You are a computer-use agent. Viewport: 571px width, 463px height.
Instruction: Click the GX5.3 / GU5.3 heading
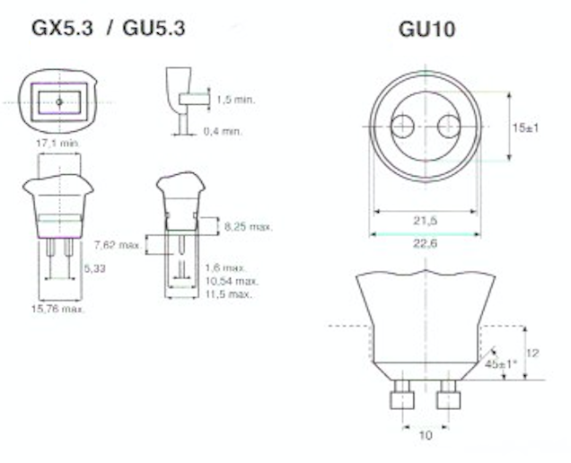(109, 29)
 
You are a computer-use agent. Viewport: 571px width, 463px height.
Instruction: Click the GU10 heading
(426, 29)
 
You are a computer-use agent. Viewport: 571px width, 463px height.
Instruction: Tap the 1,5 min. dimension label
(236, 100)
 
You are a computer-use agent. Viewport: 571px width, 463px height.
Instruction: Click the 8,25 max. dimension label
(249, 227)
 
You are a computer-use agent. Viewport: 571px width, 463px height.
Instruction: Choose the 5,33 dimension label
(94, 267)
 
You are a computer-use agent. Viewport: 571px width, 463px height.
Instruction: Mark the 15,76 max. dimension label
(59, 309)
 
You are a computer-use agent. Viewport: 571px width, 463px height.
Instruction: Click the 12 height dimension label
(534, 353)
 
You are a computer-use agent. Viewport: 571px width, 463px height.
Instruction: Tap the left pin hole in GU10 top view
(402, 127)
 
